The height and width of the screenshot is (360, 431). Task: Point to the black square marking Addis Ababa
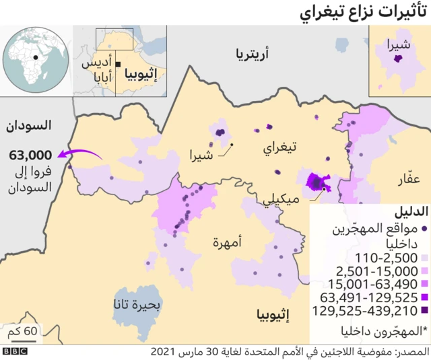(x=118, y=64)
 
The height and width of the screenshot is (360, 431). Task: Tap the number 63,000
(x=30, y=155)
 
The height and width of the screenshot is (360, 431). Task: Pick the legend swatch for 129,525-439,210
(x=424, y=311)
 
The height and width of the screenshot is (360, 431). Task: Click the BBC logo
(x=15, y=352)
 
